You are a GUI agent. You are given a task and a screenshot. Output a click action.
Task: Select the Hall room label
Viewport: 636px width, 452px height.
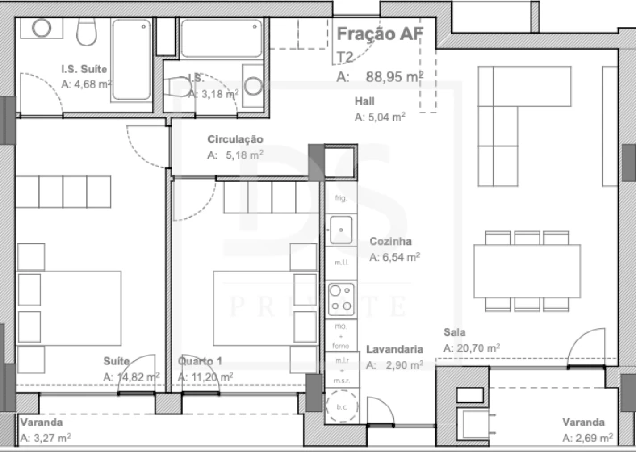click(x=364, y=101)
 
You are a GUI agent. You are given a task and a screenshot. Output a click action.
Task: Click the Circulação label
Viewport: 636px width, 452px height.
click(x=235, y=139)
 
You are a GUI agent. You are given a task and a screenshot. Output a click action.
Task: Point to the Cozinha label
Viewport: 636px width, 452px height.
click(x=389, y=241)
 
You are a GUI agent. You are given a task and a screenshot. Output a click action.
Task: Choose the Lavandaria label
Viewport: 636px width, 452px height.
click(x=394, y=350)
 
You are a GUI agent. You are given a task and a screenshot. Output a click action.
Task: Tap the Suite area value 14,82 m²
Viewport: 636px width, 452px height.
click(x=131, y=377)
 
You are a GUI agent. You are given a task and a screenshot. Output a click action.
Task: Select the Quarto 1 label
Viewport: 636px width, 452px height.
click(x=199, y=362)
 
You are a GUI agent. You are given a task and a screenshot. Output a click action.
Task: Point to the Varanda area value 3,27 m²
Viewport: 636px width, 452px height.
click(x=44, y=438)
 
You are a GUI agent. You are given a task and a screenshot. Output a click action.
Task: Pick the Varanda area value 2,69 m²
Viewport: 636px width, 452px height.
click(x=587, y=438)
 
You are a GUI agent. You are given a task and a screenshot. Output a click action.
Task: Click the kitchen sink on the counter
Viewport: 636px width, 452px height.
click(x=340, y=230)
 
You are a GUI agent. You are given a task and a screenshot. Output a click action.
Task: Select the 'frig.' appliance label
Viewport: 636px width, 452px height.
click(x=340, y=197)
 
